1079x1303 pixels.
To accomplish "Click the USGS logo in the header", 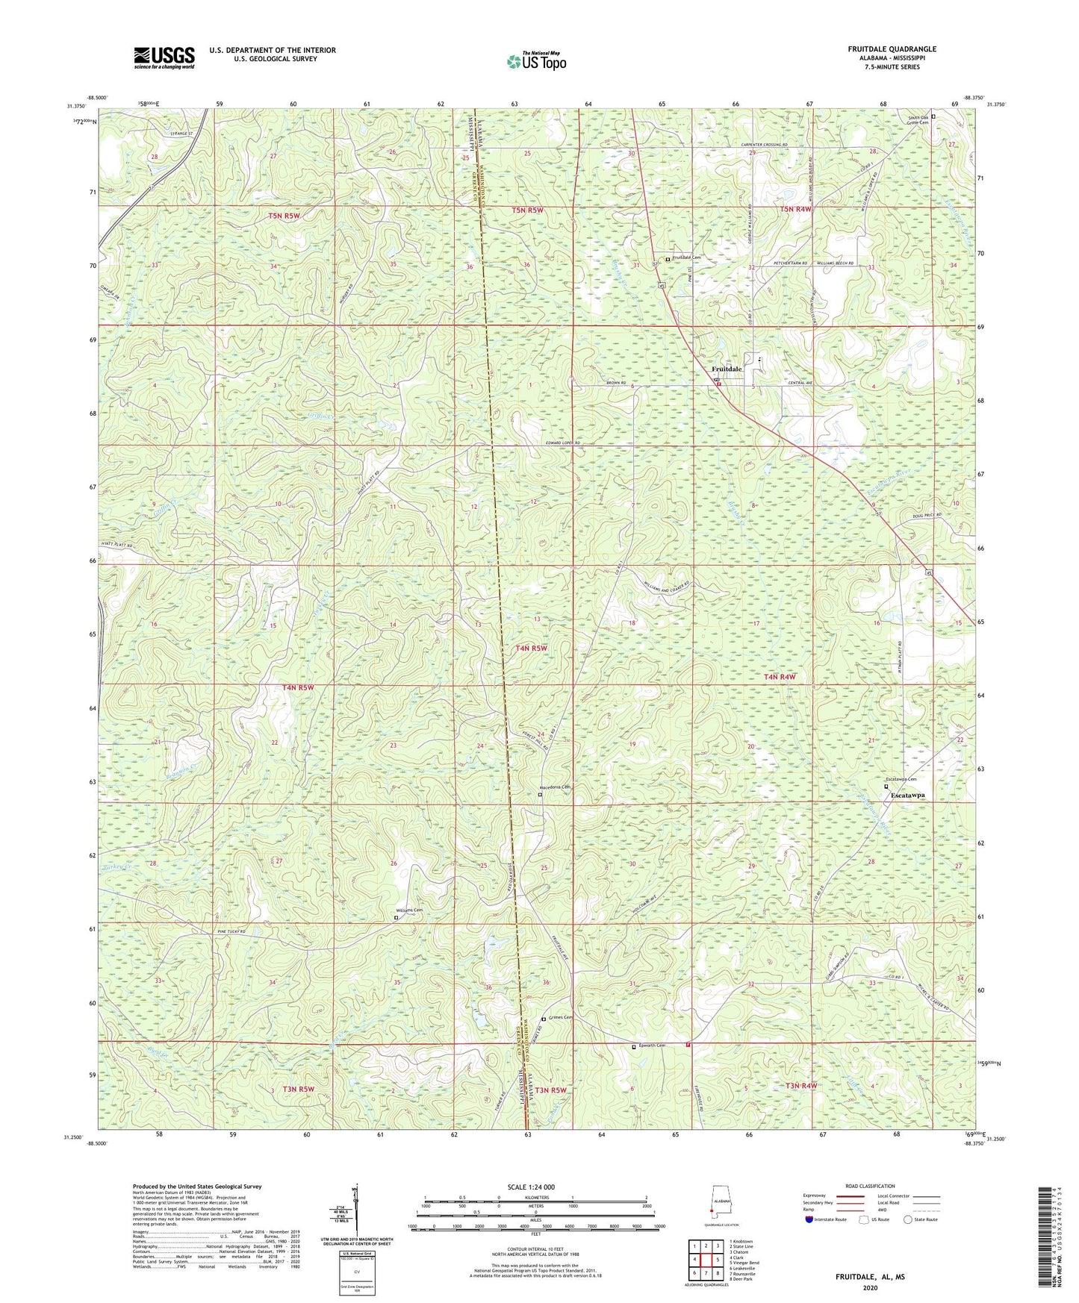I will coord(164,57).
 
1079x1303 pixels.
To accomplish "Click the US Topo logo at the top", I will coord(535,61).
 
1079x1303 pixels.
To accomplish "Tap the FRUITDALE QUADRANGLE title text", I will coord(892,49).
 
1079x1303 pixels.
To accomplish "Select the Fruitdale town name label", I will coord(727,369).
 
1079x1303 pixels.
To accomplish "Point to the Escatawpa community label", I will coord(907,796).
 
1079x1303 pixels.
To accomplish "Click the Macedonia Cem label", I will coord(556,787).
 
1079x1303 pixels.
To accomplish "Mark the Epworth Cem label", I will coord(651,1046).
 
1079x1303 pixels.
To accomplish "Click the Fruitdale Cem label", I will coord(686,257).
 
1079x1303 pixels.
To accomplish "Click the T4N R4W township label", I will coord(780,677).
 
